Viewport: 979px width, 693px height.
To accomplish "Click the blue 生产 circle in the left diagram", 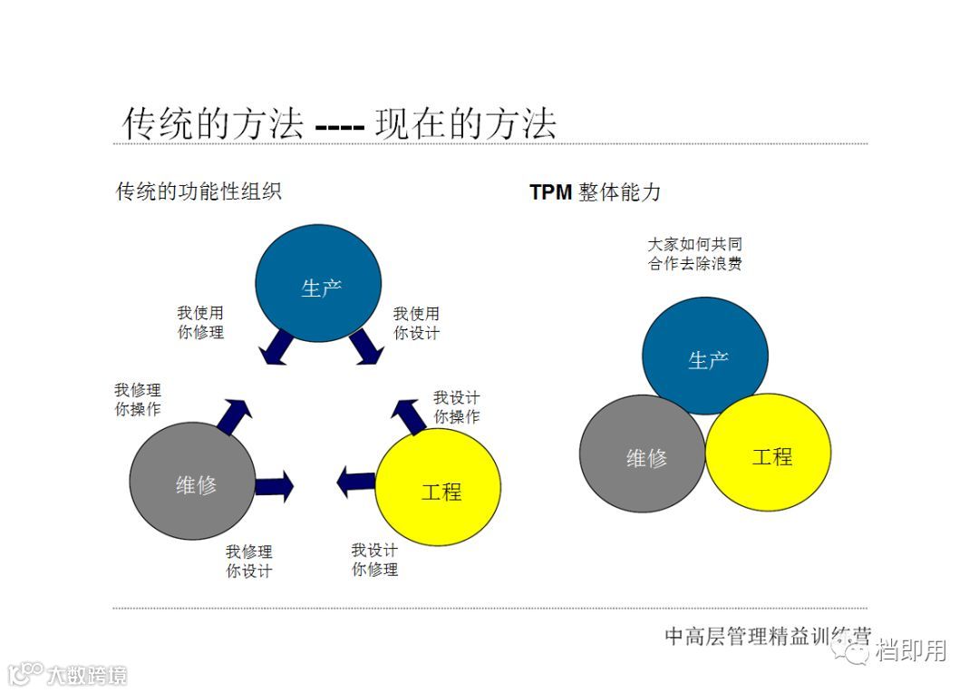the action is (318, 283).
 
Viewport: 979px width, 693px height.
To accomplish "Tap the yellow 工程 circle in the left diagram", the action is (439, 488).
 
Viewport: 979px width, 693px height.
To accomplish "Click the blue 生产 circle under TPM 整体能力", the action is (705, 356).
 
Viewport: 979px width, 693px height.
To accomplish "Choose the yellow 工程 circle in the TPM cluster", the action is (769, 454).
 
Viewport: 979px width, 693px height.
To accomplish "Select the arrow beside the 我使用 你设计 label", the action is (366, 346).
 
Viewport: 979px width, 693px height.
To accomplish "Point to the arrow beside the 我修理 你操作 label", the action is (235, 415).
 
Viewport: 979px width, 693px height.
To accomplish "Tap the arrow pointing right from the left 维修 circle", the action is (274, 486).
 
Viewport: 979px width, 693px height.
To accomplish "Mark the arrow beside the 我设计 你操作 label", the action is (409, 415).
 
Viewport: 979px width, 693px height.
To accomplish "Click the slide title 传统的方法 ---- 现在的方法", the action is (339, 124).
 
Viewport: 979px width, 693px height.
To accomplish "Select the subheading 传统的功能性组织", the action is (199, 191).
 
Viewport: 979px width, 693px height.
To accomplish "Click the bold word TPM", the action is (550, 192).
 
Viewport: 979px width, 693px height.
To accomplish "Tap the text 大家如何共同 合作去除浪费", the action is (695, 255).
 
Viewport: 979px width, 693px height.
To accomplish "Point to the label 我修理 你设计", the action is (249, 561).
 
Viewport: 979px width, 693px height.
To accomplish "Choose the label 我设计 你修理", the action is (374, 560).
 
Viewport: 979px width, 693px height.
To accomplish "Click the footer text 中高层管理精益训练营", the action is (767, 637).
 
